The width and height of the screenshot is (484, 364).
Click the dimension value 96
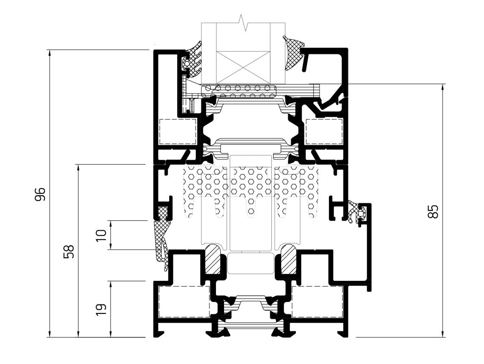point(40,194)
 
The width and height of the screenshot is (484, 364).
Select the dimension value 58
point(69,251)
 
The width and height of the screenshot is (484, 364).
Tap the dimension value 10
point(101,235)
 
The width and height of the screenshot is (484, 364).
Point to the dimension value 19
point(101,309)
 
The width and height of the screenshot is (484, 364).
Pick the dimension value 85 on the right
point(433,211)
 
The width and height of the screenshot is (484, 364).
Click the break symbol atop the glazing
point(243,23)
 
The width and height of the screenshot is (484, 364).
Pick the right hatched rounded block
point(288,259)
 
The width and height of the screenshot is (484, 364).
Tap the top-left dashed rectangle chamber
point(178,131)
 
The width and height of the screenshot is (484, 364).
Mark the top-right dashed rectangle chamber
point(324,131)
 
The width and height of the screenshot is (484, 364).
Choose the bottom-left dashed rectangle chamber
point(184,302)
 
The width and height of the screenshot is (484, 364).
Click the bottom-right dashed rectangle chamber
point(317,302)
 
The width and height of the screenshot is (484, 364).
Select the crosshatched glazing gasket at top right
point(293,52)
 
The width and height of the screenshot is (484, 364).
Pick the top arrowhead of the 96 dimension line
point(50,53)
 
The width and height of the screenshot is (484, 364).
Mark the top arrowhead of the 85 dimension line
point(443,87)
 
